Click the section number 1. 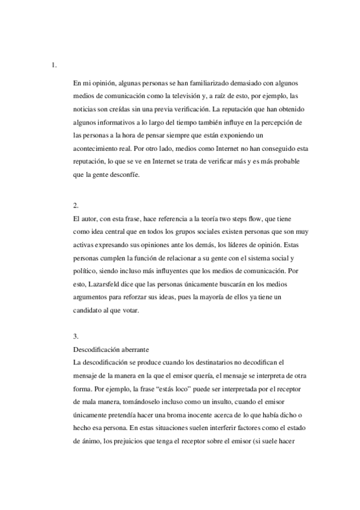coord(55,64)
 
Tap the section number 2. coord(75,205)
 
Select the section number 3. coord(75,336)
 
